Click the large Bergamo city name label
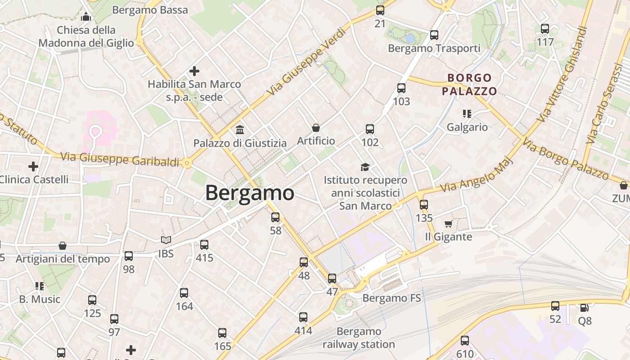250,193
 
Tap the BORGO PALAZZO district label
469,85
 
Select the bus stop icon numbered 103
401,89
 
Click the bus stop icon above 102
370,130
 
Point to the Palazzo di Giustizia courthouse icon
240,130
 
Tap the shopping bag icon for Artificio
316,128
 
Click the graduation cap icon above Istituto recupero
365,167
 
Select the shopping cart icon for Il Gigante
448,224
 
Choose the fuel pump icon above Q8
584,308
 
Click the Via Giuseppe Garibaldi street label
119,159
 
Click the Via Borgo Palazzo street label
565,159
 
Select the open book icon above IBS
166,240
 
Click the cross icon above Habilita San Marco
194,71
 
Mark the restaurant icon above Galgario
467,114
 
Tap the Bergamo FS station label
391,298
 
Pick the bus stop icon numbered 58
275,217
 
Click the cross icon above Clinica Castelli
33,166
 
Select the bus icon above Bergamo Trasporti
434,35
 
